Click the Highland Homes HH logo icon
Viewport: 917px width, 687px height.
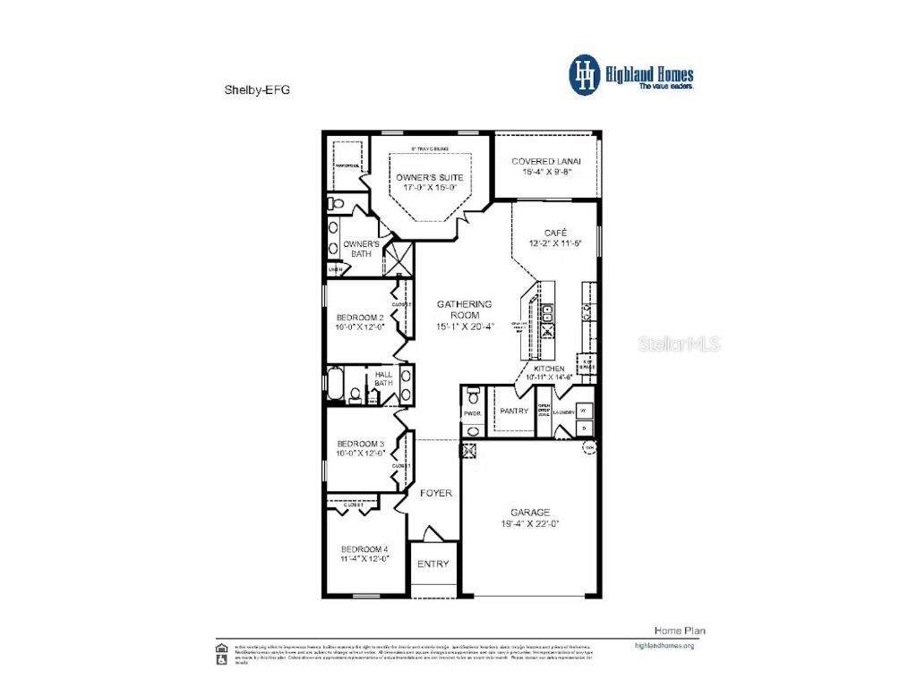585,75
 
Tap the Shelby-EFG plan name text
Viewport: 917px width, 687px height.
256,89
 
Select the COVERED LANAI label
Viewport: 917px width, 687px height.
546,161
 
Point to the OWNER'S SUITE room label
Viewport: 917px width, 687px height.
430,177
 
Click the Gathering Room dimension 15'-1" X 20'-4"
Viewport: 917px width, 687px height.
465,327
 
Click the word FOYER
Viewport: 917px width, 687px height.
436,493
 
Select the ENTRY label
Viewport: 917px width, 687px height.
433,564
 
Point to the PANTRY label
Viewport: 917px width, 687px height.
514,411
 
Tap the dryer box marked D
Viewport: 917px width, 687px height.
584,428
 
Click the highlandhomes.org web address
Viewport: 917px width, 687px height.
664,645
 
